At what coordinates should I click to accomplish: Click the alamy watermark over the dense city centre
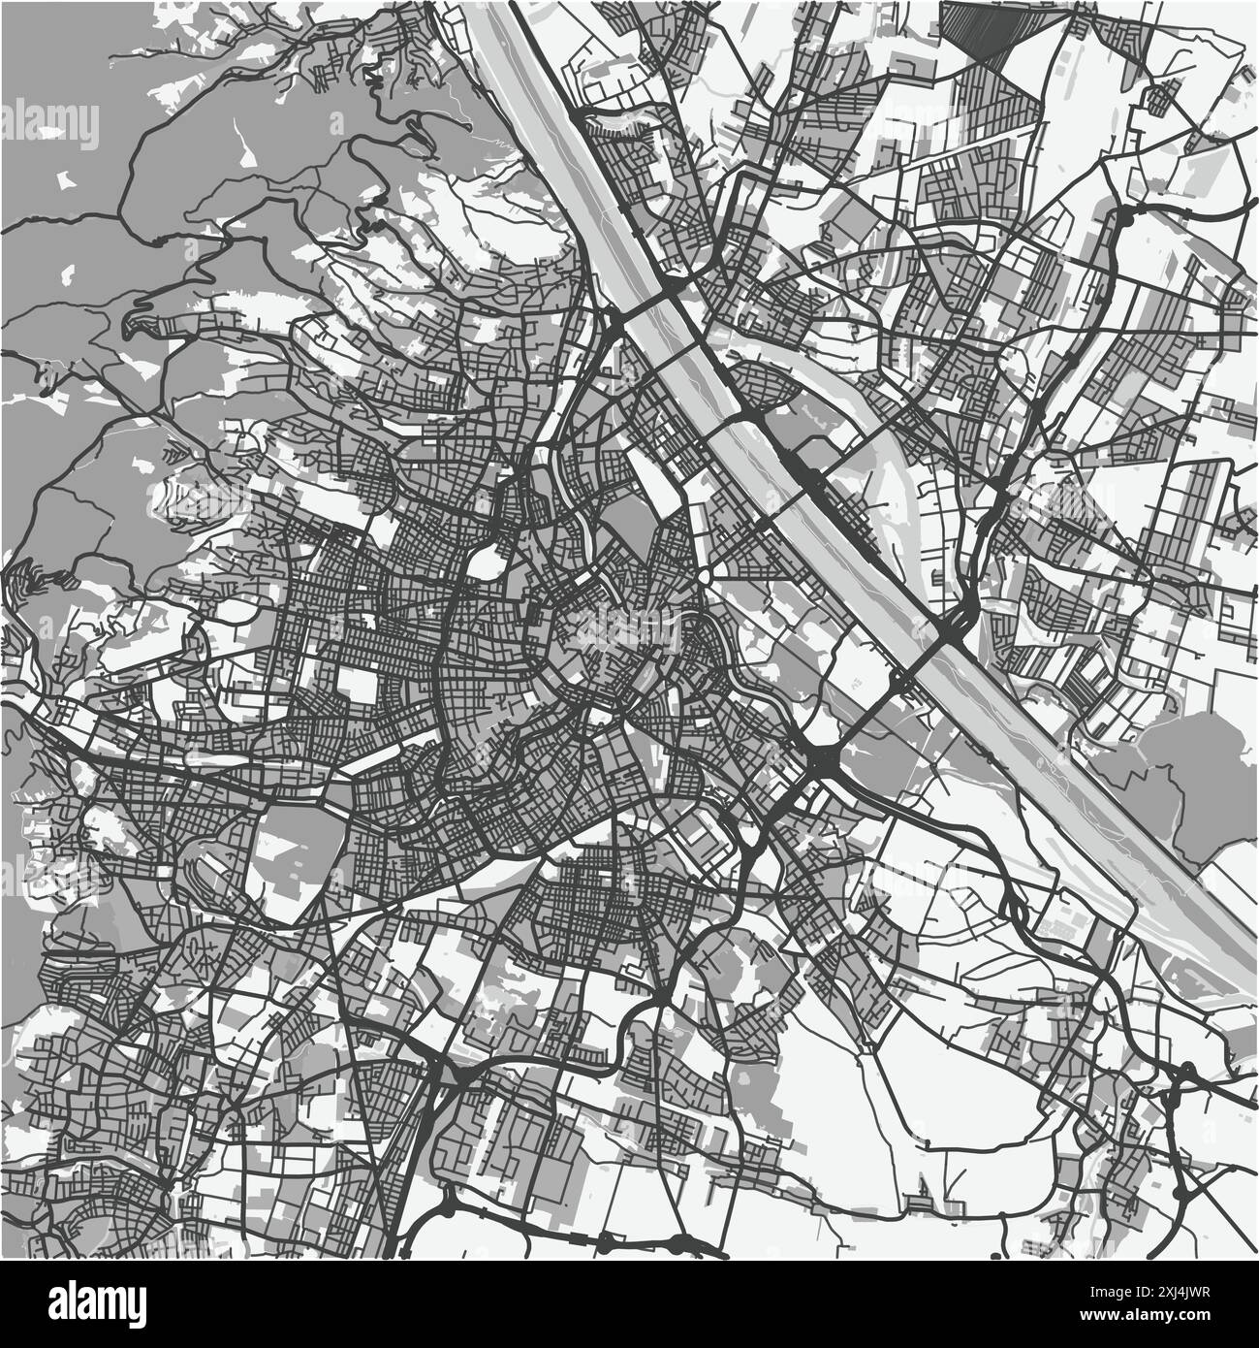630,630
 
